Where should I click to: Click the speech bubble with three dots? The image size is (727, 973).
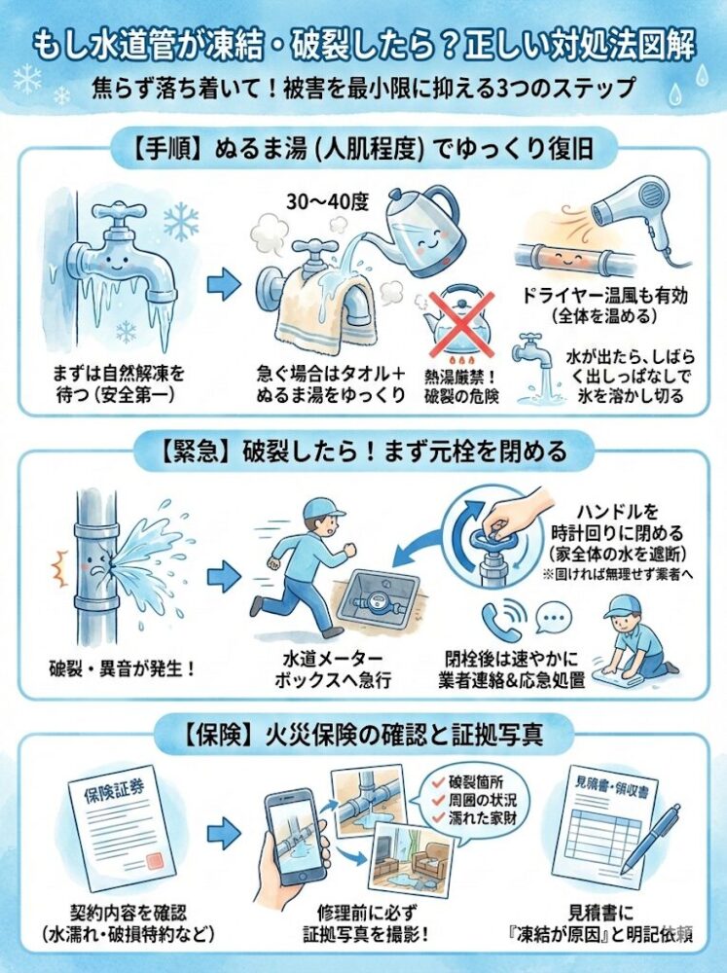click(x=556, y=620)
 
